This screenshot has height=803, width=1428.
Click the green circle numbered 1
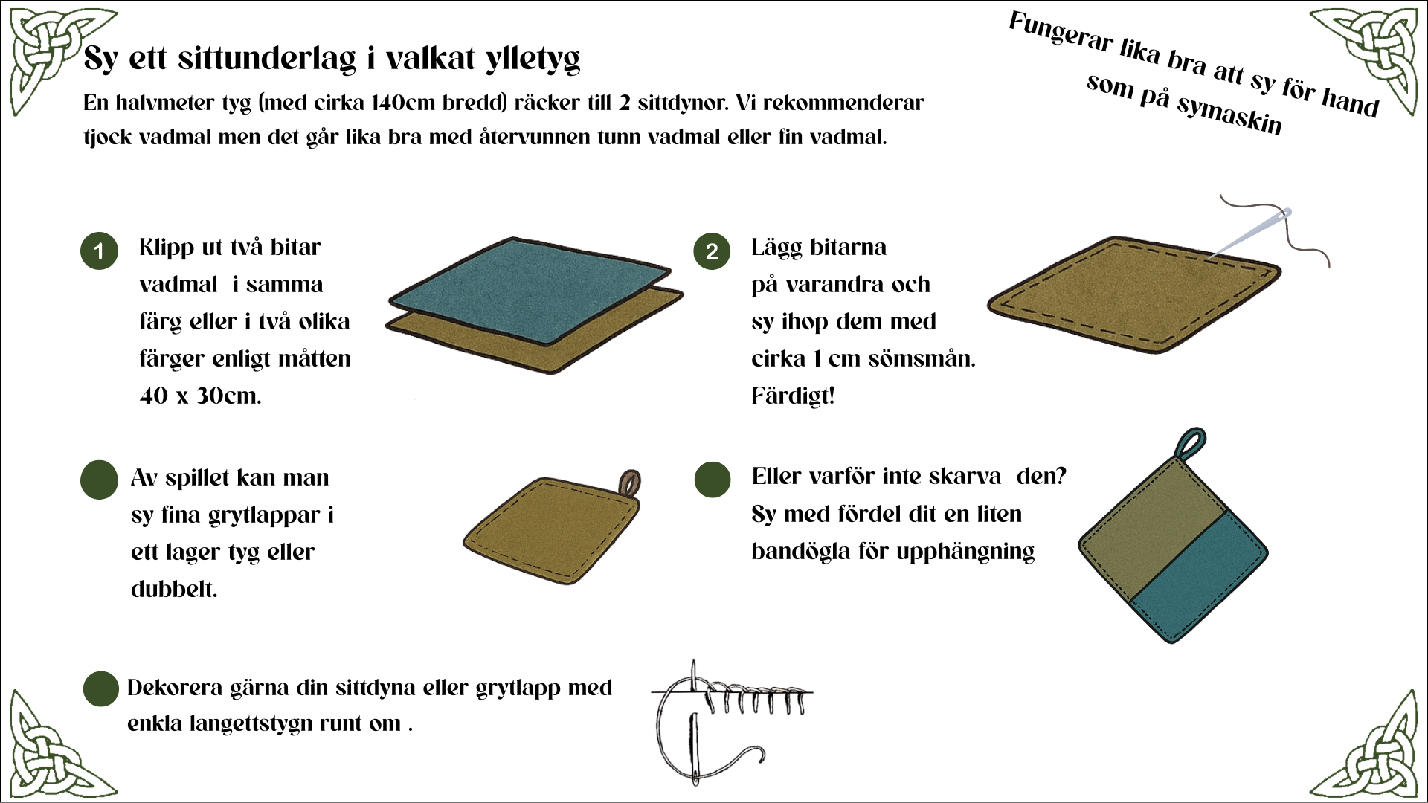click(99, 251)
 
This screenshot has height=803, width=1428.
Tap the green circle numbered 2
click(712, 251)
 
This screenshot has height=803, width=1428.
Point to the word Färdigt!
click(793, 396)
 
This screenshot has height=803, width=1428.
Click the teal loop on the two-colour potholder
click(1191, 444)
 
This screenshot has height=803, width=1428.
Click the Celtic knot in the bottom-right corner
click(1372, 747)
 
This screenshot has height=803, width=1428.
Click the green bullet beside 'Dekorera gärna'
click(100, 688)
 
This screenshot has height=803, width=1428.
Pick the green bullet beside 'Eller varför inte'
click(712, 479)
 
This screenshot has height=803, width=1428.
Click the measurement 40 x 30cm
click(201, 396)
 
